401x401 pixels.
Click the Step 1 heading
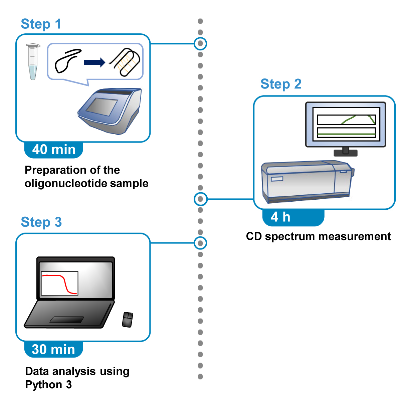(41, 24)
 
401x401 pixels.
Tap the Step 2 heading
(281, 84)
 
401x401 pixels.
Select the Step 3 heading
(41, 222)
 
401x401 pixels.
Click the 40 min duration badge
(54, 150)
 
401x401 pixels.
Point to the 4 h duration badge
(293, 217)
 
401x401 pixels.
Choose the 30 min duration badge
(54, 349)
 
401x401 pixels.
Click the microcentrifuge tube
(33, 61)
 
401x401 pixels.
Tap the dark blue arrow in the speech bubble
(95, 62)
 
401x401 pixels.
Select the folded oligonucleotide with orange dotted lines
(125, 62)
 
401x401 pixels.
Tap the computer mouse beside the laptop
(128, 320)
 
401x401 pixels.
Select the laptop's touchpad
(66, 320)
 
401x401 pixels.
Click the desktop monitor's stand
(346, 152)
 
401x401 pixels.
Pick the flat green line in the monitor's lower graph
(347, 134)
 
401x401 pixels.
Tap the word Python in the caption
(43, 384)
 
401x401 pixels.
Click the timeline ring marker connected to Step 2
(200, 199)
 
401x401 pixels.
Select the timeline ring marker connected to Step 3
(200, 243)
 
